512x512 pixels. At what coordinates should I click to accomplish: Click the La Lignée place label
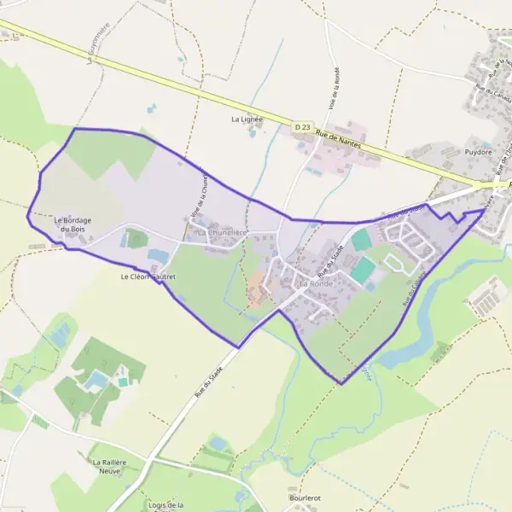247,119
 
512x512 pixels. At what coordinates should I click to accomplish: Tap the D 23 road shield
302,127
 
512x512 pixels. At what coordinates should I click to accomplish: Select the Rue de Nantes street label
338,140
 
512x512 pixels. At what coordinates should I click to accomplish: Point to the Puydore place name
479,152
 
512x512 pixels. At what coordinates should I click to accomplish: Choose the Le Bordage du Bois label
72,224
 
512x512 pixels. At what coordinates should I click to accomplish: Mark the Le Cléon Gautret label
148,276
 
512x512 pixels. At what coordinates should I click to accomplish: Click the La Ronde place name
313,282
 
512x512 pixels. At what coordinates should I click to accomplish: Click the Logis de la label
166,505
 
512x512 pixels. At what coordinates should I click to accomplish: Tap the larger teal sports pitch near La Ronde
363,271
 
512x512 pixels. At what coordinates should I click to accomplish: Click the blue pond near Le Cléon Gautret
159,256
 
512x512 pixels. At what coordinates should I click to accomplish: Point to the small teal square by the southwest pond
124,381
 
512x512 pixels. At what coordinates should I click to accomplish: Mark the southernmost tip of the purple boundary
341,384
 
